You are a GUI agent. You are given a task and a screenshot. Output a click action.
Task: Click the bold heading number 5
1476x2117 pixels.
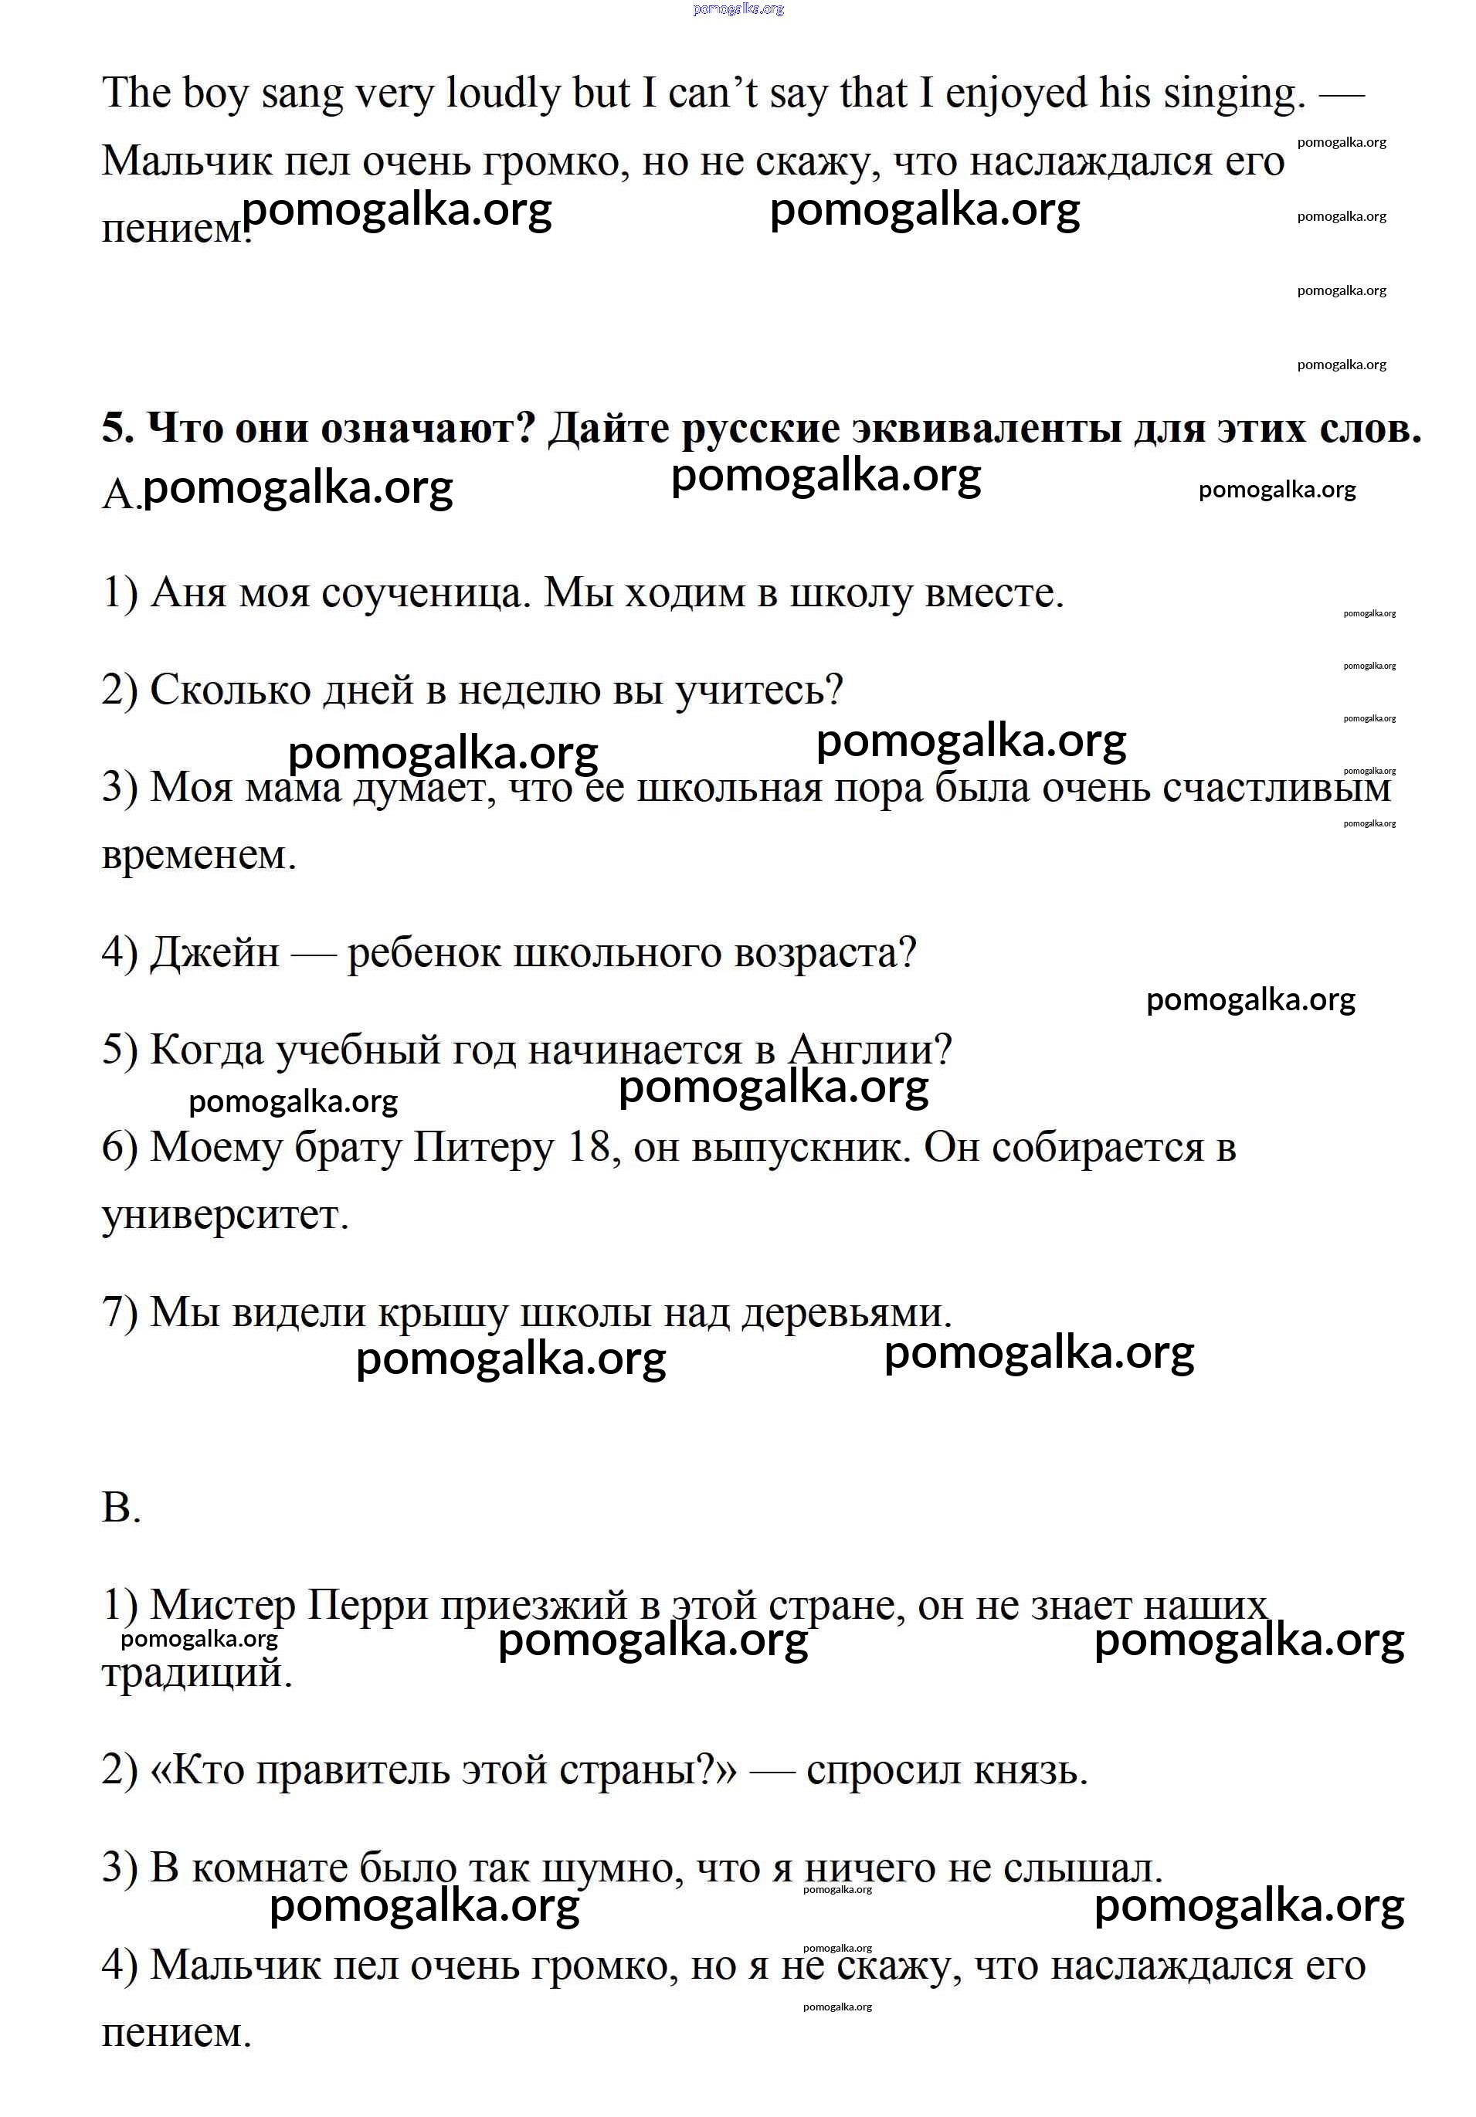click(x=117, y=428)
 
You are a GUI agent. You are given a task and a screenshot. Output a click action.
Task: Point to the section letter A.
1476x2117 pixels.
click(x=118, y=494)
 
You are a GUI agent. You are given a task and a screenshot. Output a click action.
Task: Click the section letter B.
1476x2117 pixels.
click(x=120, y=1507)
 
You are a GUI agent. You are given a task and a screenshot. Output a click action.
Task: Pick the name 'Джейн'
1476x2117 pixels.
click(x=214, y=952)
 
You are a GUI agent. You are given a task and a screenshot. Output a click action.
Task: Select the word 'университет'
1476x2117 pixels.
click(x=224, y=1214)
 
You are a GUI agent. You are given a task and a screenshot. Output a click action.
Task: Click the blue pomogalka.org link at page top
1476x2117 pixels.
click(x=738, y=9)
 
